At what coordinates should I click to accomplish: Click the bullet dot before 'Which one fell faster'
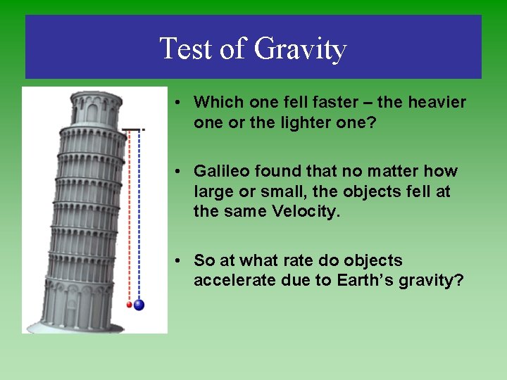point(181,103)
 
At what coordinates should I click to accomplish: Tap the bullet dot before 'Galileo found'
point(181,172)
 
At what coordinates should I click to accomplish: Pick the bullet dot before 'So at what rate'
point(181,261)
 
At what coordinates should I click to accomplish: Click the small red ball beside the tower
point(129,305)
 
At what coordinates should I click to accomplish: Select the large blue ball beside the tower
point(139,305)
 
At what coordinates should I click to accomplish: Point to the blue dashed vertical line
point(139,211)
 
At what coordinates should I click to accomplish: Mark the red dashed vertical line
point(129,211)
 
